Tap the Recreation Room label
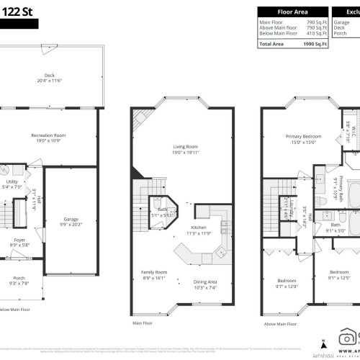(49, 135)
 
